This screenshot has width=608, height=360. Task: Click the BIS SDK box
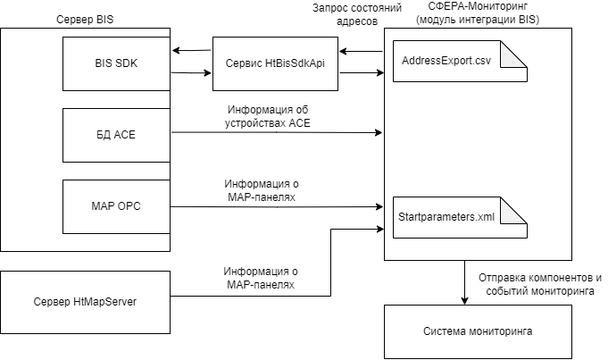[116, 63]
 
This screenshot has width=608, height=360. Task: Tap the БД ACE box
[116, 135]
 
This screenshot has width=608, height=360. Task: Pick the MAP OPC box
[116, 206]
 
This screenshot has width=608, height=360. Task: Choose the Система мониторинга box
[478, 331]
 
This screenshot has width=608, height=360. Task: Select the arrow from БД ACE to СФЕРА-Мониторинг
[277, 135]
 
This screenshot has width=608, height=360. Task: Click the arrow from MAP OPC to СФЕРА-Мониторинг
[277, 207]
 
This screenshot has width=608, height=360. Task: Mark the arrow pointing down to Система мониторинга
[464, 282]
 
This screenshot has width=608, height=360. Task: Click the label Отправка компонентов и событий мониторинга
[540, 283]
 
